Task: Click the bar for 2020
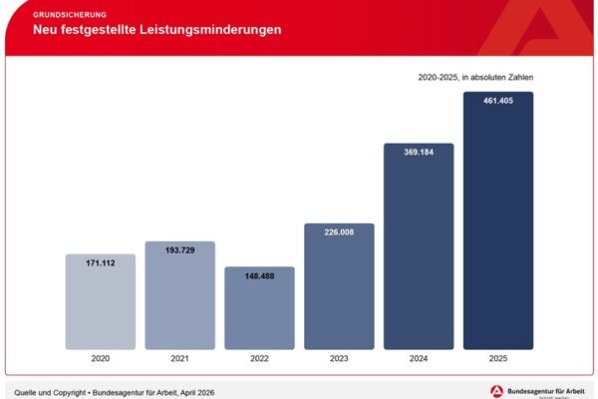pos(100,304)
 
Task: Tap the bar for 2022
pos(259,311)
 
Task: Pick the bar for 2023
pos(339,289)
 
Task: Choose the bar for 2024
pos(419,249)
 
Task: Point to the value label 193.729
pos(179,250)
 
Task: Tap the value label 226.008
pos(339,233)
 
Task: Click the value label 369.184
pos(419,154)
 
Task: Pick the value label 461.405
pos(498,102)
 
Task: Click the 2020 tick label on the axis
pos(100,359)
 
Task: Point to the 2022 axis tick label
pos(259,359)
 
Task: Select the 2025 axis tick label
pos(498,359)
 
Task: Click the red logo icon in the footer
pos(496,390)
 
